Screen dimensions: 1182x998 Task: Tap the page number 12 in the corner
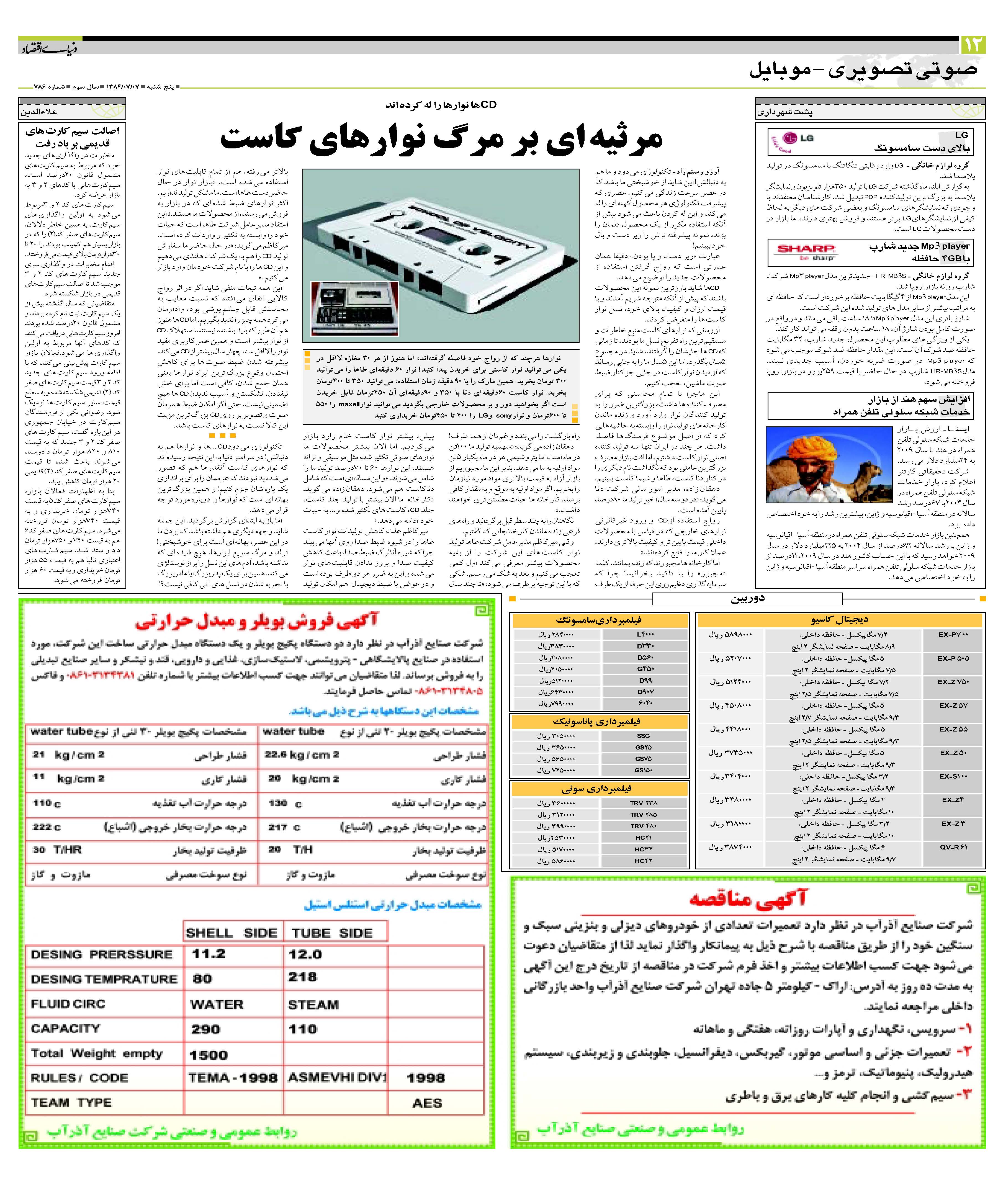[x=973, y=45]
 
